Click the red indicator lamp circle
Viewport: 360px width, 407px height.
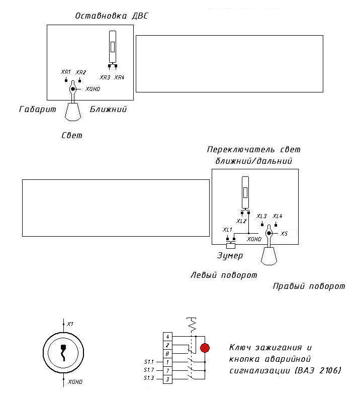[205, 348]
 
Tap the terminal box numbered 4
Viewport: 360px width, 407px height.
[167, 337]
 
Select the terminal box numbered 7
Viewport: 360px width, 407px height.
[167, 371]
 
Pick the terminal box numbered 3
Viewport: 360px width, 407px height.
[167, 379]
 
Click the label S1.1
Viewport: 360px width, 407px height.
[149, 362]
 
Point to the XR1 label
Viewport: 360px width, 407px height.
[66, 72]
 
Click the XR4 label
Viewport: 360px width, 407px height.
[120, 77]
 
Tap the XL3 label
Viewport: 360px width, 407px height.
[261, 216]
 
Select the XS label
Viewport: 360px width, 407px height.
[284, 234]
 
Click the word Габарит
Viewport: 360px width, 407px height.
[38, 109]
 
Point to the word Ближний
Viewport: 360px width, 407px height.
[108, 109]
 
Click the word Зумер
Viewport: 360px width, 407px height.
[230, 256]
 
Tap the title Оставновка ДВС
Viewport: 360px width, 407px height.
[112, 16]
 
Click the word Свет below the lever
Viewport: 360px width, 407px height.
[72, 135]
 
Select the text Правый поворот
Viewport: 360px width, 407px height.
[309, 286]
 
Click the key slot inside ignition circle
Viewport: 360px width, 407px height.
[63, 353]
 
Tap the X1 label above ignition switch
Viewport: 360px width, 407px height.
[70, 324]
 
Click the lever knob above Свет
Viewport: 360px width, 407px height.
[73, 112]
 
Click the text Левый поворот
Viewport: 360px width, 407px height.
[224, 275]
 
